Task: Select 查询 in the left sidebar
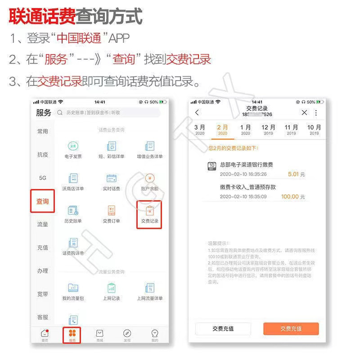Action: [x=43, y=201]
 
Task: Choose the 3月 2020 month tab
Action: [x=200, y=130]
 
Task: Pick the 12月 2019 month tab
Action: [x=268, y=130]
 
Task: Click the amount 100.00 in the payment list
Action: [x=290, y=197]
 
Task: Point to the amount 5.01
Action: [x=293, y=174]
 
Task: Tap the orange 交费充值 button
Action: [x=291, y=328]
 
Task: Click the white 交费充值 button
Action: [x=223, y=328]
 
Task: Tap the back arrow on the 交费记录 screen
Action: [x=197, y=113]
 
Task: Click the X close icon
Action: [x=305, y=113]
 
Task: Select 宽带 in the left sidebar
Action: [x=43, y=294]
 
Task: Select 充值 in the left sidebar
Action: [x=43, y=247]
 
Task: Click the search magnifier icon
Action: [x=60, y=112]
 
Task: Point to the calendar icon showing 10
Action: [x=212, y=166]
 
